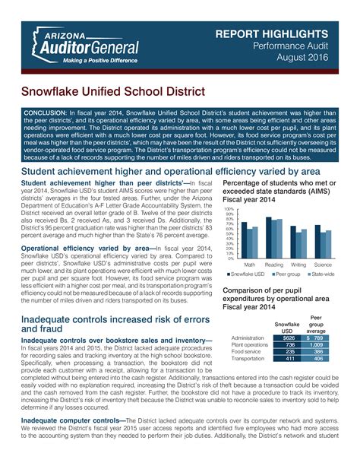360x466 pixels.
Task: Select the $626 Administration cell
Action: (x=288, y=338)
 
